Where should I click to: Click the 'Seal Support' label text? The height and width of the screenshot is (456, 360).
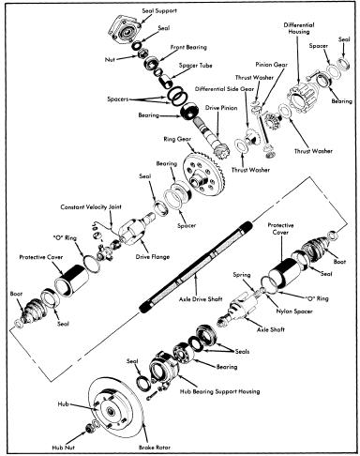[159, 10]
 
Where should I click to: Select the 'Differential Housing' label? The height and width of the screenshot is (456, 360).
[299, 28]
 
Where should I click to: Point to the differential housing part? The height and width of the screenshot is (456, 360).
[303, 96]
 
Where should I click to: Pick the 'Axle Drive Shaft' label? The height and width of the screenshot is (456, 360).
[201, 299]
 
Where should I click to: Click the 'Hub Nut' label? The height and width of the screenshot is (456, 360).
[63, 448]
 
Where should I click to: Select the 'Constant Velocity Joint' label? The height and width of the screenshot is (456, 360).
[91, 207]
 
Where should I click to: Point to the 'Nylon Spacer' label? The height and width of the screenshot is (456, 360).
[294, 312]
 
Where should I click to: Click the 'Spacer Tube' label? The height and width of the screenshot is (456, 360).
[195, 66]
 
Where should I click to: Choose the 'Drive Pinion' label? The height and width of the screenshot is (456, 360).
[221, 108]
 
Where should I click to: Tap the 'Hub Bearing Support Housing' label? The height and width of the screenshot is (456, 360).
[219, 391]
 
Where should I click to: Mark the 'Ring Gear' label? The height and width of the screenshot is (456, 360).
[177, 139]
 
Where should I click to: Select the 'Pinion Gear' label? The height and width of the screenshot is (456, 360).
[271, 65]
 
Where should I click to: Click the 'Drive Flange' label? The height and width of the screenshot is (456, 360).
[153, 257]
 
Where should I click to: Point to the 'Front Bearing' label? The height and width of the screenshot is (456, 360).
[188, 47]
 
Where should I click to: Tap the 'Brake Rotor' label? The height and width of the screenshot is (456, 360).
[155, 448]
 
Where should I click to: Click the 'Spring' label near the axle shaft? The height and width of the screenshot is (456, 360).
[242, 275]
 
